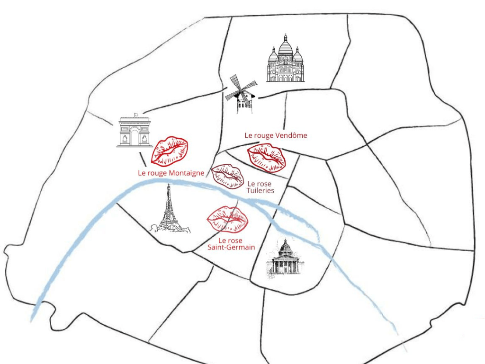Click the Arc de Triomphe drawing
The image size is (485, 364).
[x=135, y=132]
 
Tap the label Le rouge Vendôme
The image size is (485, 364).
[x=276, y=135]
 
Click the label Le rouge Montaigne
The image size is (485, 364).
[x=171, y=173]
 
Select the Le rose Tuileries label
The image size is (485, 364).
[x=260, y=187]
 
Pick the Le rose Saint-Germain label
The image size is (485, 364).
[x=232, y=244]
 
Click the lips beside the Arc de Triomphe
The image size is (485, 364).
[x=170, y=150]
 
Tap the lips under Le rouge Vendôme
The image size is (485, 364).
[x=267, y=157]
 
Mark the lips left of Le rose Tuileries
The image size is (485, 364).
[x=228, y=176]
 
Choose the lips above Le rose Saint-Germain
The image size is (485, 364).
[x=227, y=219]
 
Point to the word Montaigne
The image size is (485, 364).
[x=186, y=173]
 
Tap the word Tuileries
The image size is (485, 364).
[x=260, y=190]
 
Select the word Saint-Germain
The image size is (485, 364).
[x=232, y=247]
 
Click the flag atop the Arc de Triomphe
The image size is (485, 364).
[x=136, y=114]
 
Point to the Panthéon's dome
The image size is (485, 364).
[x=285, y=246]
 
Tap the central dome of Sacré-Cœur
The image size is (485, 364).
[x=285, y=46]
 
